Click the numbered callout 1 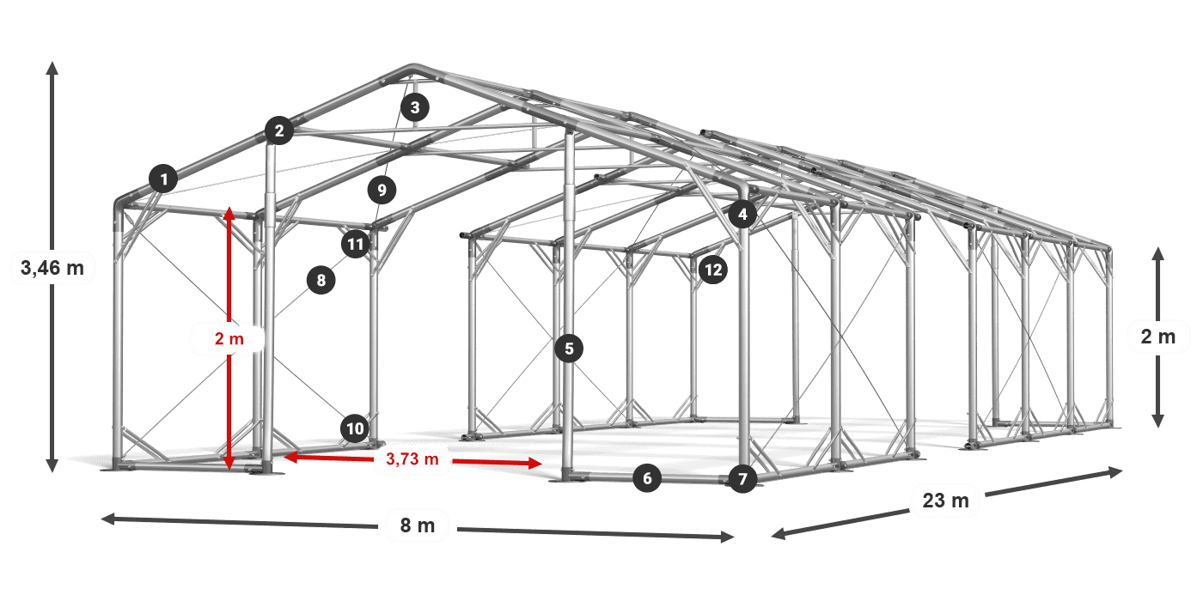tap(164, 179)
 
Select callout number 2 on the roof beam tap(278, 131)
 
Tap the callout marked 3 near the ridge tap(414, 107)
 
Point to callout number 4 tap(742, 214)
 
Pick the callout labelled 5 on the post tap(569, 349)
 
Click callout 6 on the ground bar tap(647, 478)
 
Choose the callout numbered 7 tap(742, 479)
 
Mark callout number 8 tap(321, 280)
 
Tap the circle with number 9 tap(382, 190)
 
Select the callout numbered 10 tap(355, 428)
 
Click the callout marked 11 tap(356, 244)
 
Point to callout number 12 tap(713, 270)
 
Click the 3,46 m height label tap(52, 267)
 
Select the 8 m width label tap(418, 525)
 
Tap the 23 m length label tap(946, 501)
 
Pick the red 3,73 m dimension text tap(412, 458)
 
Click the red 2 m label tap(229, 338)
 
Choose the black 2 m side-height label tap(1158, 337)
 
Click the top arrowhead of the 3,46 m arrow tap(52, 68)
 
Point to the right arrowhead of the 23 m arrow tap(1116, 471)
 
